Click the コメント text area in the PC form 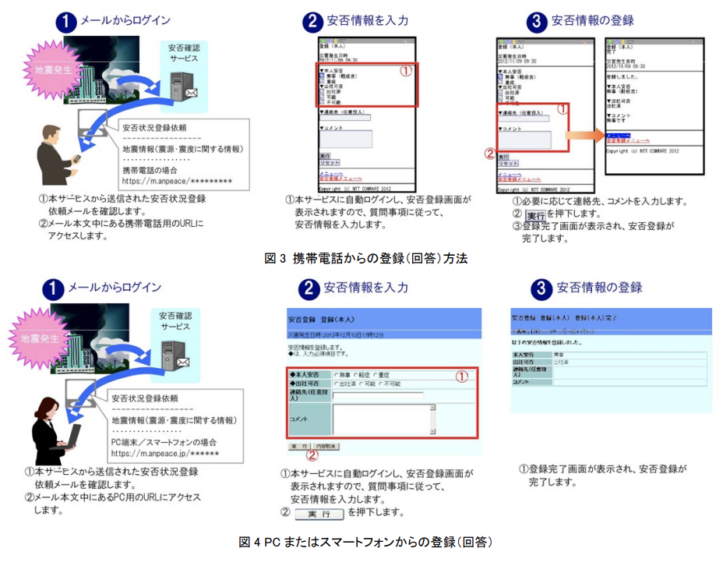click(x=382, y=419)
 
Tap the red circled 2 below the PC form click(x=312, y=455)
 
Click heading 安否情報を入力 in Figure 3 click(x=365, y=21)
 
